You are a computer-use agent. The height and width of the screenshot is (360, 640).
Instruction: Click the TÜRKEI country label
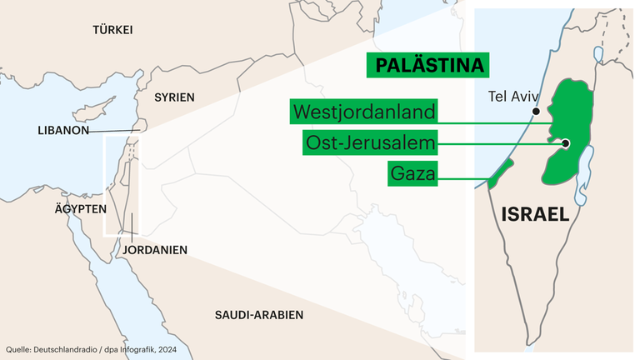point(112,30)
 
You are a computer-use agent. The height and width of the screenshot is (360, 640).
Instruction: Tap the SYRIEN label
point(174,97)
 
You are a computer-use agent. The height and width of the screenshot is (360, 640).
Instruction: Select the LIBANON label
point(63,131)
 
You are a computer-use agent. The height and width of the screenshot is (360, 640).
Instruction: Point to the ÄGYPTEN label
point(76,208)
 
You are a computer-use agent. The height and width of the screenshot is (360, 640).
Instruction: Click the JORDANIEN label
point(154,249)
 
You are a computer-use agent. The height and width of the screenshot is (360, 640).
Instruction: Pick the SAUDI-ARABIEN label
point(258,315)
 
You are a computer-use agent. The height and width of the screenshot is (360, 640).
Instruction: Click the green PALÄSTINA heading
point(427,65)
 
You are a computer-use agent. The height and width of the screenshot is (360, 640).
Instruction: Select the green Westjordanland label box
point(364,111)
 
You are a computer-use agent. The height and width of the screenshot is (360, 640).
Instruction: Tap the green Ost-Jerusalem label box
point(370,143)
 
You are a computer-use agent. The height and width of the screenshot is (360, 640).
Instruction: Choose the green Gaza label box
point(413,174)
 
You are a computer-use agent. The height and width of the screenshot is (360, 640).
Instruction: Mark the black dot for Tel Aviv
point(536,111)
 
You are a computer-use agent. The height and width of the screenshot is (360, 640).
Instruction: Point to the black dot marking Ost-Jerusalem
point(565,143)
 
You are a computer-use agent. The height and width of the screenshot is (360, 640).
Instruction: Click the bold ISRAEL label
point(535,213)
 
